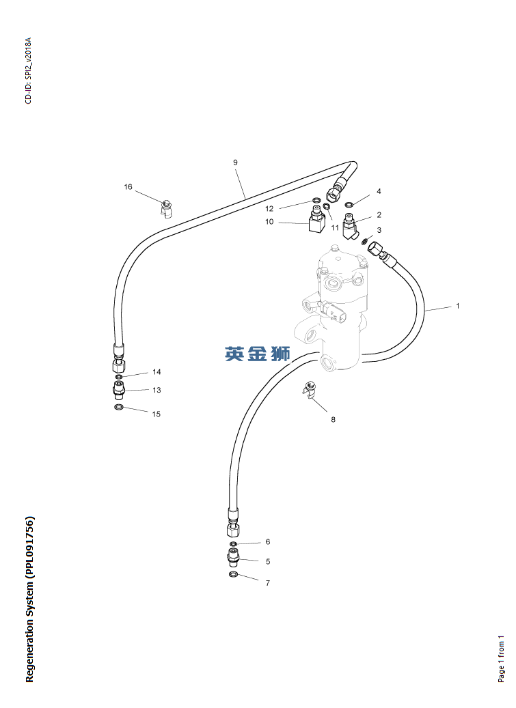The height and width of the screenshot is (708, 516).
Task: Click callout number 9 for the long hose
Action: (235, 162)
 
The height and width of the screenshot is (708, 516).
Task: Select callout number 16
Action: (128, 187)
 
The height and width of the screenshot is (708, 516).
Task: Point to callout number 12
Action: (269, 208)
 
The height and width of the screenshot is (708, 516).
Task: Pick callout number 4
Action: (379, 192)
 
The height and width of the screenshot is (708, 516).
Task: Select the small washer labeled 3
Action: (365, 240)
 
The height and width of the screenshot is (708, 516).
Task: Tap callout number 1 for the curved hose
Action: (457, 306)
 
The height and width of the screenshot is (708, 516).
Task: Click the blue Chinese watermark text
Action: (258, 354)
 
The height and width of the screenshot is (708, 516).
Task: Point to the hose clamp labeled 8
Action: (309, 392)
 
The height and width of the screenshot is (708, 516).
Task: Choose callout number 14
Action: (157, 372)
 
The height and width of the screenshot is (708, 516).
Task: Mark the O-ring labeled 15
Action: (119, 408)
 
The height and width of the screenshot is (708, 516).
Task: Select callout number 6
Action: (268, 541)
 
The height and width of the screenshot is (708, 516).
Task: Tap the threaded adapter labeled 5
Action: (234, 558)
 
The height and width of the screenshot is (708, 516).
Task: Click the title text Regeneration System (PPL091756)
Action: (29, 599)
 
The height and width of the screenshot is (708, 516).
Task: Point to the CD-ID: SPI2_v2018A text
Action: (28, 71)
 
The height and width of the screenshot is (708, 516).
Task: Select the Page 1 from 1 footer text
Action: (501, 659)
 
